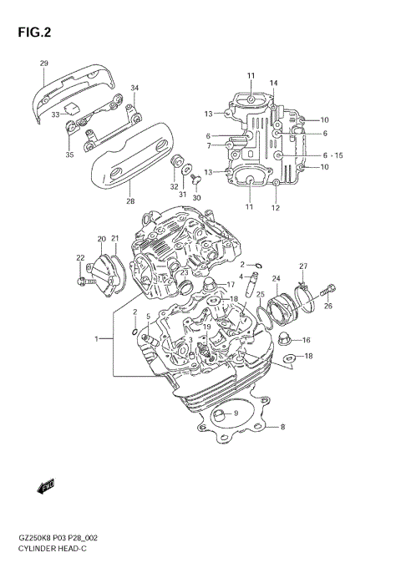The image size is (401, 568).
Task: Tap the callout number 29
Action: click(43, 63)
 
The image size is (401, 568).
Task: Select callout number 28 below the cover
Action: click(129, 201)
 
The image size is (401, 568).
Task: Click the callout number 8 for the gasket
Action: click(282, 427)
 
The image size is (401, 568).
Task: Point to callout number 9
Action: click(236, 413)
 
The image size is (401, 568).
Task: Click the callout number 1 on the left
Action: click(97, 339)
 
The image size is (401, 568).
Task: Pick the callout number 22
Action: click(80, 258)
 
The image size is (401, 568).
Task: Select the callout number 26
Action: click(328, 306)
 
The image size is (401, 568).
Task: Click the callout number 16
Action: click(306, 340)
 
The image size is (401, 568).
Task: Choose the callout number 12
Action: click(276, 207)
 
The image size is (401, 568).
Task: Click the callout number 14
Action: click(273, 83)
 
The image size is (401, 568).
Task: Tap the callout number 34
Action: click(135, 88)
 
